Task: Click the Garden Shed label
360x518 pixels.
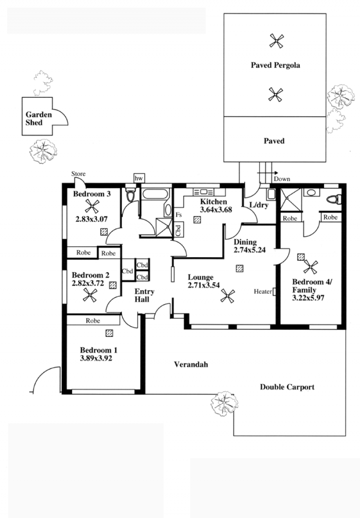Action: click(39, 118)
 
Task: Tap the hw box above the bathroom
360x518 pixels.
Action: click(139, 178)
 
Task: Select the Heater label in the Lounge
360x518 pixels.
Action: click(263, 292)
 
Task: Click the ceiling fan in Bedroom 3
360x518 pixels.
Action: click(91, 207)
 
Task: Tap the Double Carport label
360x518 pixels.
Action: click(287, 387)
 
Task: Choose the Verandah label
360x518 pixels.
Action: click(191, 365)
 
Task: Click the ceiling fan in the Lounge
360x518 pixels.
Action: click(227, 295)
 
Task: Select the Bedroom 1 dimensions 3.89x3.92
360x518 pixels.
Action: click(96, 358)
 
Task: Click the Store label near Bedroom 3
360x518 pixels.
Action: click(78, 174)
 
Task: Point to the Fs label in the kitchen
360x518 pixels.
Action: click(179, 215)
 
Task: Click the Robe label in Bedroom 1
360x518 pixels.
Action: click(93, 321)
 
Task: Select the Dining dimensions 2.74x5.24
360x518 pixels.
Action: click(249, 250)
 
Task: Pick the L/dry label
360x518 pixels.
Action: click(259, 205)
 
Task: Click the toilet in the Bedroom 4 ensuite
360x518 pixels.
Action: click(333, 199)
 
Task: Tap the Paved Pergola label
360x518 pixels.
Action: click(275, 65)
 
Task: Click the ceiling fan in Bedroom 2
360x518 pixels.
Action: click(90, 295)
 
